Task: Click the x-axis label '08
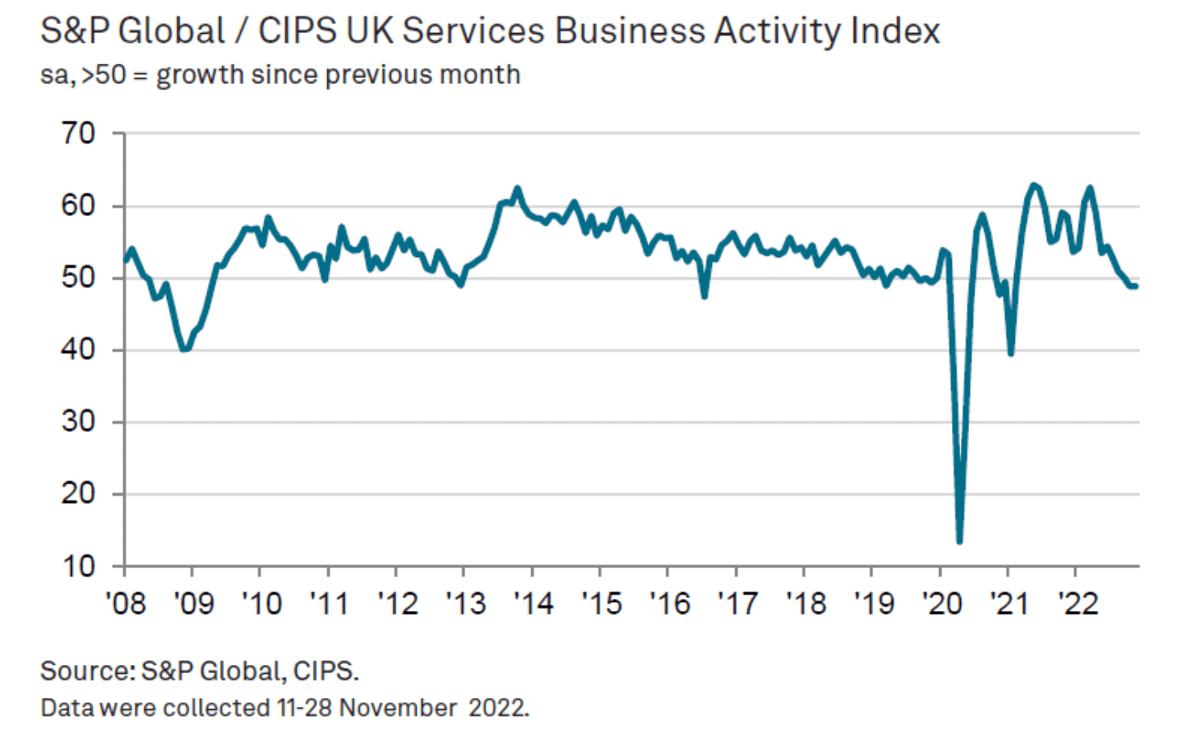point(126,603)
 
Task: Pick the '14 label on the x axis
point(533,603)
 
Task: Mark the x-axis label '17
point(737,603)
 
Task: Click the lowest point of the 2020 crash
point(959,541)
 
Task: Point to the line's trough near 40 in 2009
point(185,349)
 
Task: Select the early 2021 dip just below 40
point(1011,353)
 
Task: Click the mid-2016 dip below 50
point(705,296)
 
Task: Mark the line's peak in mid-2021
point(1033,185)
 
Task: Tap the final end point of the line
point(1136,286)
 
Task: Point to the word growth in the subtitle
point(199,75)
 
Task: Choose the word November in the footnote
point(398,708)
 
